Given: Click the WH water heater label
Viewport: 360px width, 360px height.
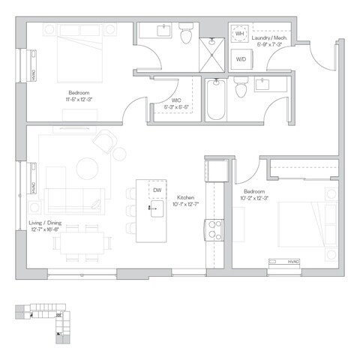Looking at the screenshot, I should tap(240, 34).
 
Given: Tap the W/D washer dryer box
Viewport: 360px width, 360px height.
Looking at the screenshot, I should tap(241, 58).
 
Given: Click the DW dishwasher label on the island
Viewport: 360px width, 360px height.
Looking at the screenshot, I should tap(157, 190).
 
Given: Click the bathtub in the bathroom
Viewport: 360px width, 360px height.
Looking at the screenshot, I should tap(215, 101).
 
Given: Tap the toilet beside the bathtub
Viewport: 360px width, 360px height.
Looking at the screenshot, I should tap(241, 89).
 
